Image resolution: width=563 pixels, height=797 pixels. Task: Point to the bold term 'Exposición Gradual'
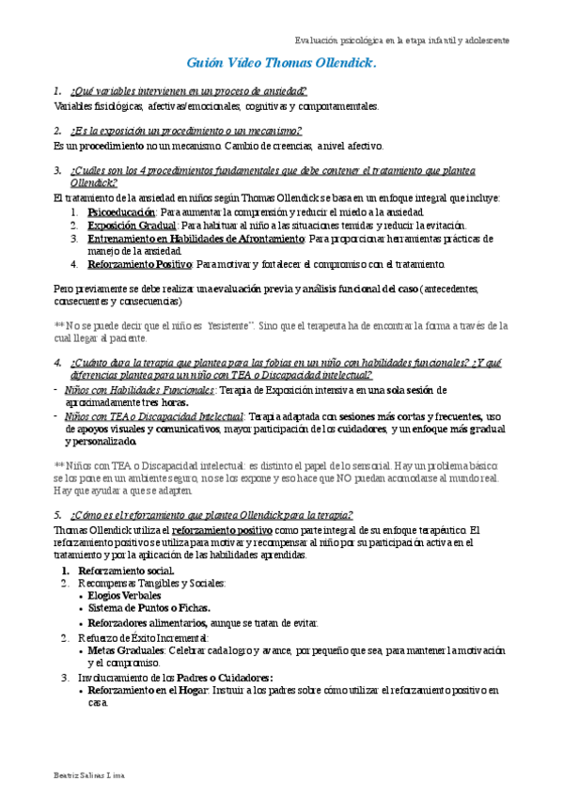132,226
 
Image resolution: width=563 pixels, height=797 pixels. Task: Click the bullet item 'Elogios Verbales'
124,595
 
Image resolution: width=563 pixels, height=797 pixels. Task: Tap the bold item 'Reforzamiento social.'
126,570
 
